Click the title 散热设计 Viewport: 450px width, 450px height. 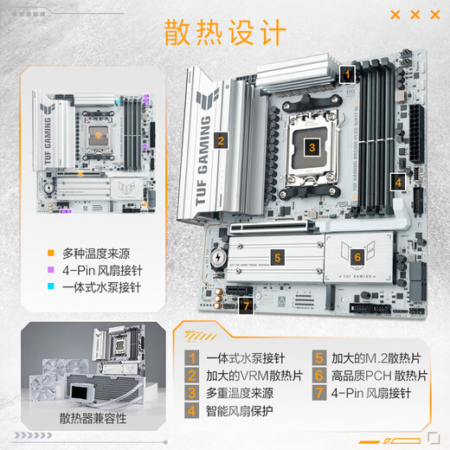(x=224, y=32)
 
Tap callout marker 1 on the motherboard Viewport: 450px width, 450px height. (x=347, y=75)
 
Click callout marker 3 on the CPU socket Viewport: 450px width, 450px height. (x=312, y=148)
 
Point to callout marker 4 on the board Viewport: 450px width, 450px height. (x=397, y=182)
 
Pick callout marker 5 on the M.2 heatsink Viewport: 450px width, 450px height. (x=277, y=257)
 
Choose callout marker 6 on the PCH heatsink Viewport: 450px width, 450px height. (x=356, y=257)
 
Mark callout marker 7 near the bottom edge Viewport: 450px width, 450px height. (x=247, y=306)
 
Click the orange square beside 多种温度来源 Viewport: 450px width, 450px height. (x=52, y=254)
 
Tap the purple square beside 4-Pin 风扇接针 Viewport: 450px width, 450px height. (x=52, y=270)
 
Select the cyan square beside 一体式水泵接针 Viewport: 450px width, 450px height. (x=52, y=286)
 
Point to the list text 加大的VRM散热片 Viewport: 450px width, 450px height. (x=254, y=376)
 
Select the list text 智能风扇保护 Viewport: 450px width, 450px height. (x=241, y=412)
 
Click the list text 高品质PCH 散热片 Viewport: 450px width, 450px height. (x=379, y=376)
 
